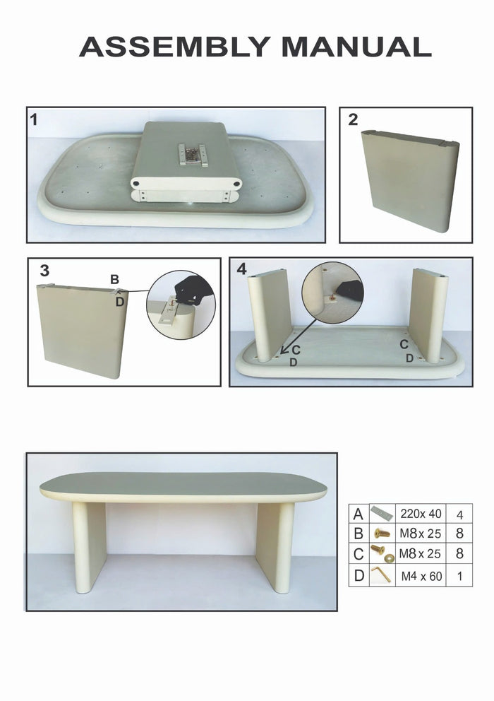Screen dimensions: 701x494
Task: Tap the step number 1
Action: [x=34, y=119]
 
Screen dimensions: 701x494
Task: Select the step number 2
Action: [x=353, y=119]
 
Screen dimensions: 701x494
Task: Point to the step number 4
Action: [x=241, y=269]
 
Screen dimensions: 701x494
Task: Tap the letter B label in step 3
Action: [x=114, y=280]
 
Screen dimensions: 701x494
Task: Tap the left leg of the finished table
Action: [x=90, y=545]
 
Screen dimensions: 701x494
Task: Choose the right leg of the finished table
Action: [x=275, y=545]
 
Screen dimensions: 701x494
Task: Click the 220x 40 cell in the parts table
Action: [x=421, y=514]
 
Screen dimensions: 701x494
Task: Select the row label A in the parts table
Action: [x=359, y=514]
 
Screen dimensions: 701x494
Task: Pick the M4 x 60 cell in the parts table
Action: [x=421, y=576]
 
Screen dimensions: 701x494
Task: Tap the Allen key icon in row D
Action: [x=382, y=576]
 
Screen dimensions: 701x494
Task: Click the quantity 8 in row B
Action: [x=459, y=534]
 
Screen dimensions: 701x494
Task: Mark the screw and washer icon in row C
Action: [x=382, y=555]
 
